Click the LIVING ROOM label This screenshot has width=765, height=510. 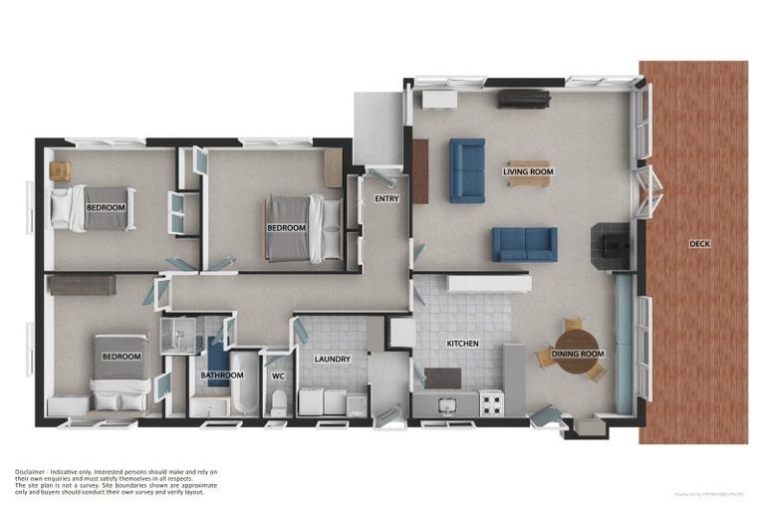click(x=528, y=171)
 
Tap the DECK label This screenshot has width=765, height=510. click(x=699, y=243)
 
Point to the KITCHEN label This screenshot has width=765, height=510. click(x=462, y=344)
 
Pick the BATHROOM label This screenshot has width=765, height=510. click(x=221, y=376)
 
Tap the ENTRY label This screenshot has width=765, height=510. click(x=386, y=199)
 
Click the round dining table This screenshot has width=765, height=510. click(x=575, y=355)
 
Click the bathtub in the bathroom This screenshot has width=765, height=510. click(x=245, y=383)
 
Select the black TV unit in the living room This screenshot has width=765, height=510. click(x=524, y=99)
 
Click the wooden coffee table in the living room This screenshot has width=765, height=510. click(x=528, y=173)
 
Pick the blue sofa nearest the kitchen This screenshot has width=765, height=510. click(x=524, y=244)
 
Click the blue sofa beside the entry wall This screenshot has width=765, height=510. click(x=466, y=170)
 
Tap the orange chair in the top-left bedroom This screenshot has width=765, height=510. click(x=60, y=171)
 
